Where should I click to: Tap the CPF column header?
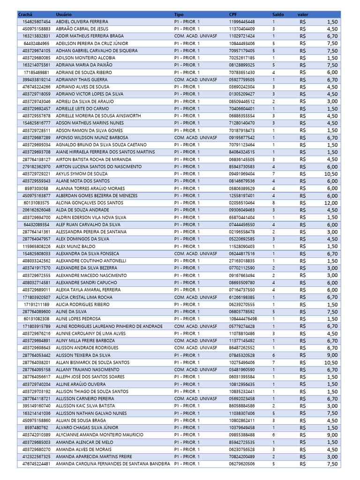pos(233,15)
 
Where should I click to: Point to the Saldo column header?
pos(278,15)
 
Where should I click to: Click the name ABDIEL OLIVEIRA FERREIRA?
pos(82,22)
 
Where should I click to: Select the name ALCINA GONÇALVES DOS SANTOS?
pos(90,203)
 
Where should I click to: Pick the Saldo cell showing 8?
pos(274,203)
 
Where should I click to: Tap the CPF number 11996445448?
pos(242,22)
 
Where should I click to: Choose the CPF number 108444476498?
pos(243,319)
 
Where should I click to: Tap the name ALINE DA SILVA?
pos(71,312)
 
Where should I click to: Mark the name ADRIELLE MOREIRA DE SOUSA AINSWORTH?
pos(98,116)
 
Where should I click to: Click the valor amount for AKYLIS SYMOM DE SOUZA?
pos(330,174)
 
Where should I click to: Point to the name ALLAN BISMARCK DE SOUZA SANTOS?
pos(93,362)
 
